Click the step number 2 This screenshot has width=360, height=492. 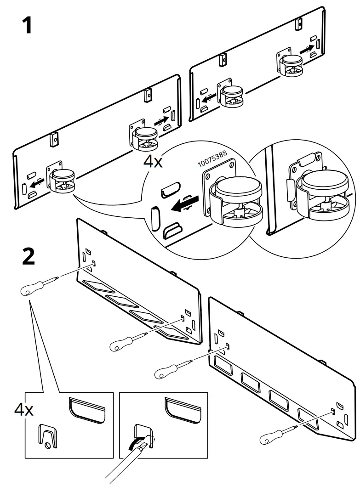[x=29, y=256]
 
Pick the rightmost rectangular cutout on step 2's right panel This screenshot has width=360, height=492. [x=307, y=418]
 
